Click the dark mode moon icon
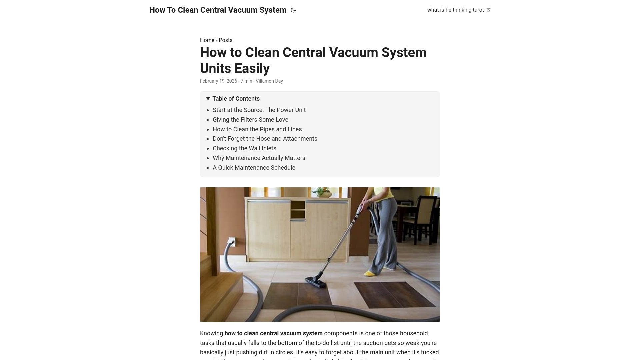pyautogui.click(x=293, y=10)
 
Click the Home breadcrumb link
pyautogui.click(x=207, y=40)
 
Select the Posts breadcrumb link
pyautogui.click(x=226, y=40)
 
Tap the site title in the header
pyautogui.click(x=218, y=10)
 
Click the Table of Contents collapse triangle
pyautogui.click(x=208, y=99)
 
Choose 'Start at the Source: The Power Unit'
pyautogui.click(x=259, y=110)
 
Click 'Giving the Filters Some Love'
pyautogui.click(x=250, y=120)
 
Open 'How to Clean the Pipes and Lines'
pyautogui.click(x=257, y=129)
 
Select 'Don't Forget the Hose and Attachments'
pyautogui.click(x=265, y=139)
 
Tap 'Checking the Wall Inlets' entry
pyautogui.click(x=244, y=148)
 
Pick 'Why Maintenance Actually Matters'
pyautogui.click(x=259, y=158)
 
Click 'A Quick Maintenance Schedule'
pyautogui.click(x=254, y=168)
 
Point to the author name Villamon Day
pyautogui.click(x=269, y=81)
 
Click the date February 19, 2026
pyautogui.click(x=218, y=81)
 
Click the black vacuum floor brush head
pyautogui.click(x=315, y=282)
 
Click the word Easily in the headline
pyautogui.click(x=252, y=69)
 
